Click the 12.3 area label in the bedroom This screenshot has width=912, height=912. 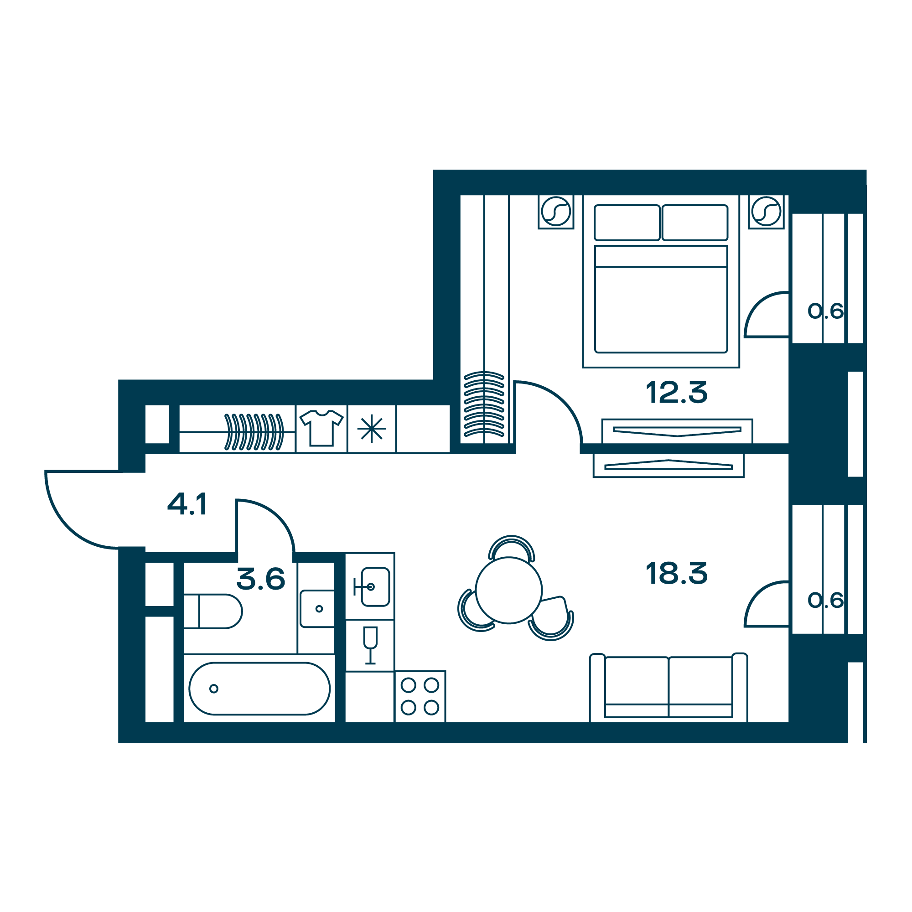coord(676,392)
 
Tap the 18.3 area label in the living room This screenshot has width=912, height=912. coord(676,573)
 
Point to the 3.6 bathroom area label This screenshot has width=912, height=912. coord(260,579)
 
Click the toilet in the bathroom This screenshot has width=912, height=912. coord(213,611)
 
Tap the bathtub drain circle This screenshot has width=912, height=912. coord(214,689)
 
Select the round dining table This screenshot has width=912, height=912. coord(509,590)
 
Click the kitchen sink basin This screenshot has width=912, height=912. coord(375,587)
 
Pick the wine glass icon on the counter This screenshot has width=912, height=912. coord(371,645)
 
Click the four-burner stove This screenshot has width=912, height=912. coord(420,696)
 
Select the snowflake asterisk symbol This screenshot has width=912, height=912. coord(372,429)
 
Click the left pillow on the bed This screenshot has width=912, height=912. coord(627,223)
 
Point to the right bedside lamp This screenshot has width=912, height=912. coord(766,211)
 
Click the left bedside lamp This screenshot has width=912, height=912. coord(555,211)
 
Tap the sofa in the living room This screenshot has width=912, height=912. coord(668,688)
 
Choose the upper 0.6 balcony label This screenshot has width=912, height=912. coord(825,311)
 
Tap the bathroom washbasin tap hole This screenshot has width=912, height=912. coord(319,609)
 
